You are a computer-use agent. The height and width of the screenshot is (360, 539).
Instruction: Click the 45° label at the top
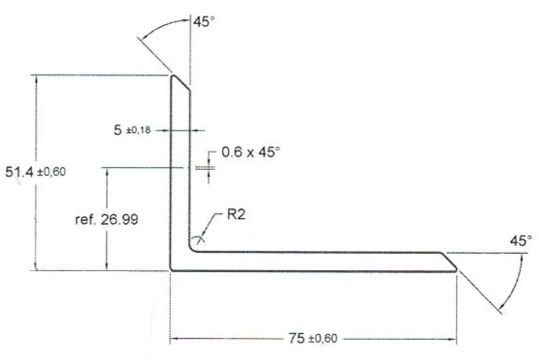click(x=204, y=22)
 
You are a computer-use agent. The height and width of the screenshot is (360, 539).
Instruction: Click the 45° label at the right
click(x=521, y=240)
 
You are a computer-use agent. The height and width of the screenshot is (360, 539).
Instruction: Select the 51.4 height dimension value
click(x=19, y=172)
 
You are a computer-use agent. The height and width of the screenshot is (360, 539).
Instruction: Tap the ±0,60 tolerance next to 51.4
click(x=51, y=172)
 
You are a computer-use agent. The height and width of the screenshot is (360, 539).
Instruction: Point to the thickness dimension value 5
click(x=118, y=130)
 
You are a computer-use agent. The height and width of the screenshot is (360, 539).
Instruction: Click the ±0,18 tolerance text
click(x=138, y=130)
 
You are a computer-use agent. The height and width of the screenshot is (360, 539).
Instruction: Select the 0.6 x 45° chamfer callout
click(x=250, y=152)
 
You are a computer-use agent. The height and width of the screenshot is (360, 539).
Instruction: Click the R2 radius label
click(x=236, y=214)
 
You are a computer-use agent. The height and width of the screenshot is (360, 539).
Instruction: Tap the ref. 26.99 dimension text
click(x=106, y=219)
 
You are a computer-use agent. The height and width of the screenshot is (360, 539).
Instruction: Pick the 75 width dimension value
click(x=297, y=339)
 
